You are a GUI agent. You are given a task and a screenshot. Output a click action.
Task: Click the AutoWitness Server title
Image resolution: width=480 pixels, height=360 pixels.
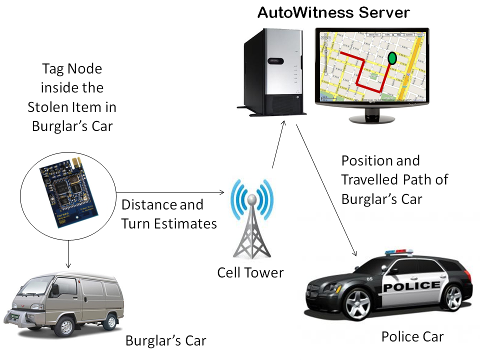pos(333,12)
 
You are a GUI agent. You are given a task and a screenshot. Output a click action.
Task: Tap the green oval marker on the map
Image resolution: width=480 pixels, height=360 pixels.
pos(392,58)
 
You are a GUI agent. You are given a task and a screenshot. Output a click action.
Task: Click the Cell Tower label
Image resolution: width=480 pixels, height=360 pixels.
pos(250,272)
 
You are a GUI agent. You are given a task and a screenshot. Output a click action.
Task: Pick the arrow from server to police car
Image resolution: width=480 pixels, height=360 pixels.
pos(327,190)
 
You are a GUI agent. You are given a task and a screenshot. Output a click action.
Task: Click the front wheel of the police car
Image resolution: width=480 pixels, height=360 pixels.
pos(359,304)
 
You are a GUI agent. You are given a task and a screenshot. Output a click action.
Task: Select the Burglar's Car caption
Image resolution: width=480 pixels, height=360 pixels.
pos(165,341)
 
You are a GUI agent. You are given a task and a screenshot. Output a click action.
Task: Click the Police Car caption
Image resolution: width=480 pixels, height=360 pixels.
pos(412,336)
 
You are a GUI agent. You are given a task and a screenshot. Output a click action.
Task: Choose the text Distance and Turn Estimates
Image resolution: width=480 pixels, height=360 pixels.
pos(168,214)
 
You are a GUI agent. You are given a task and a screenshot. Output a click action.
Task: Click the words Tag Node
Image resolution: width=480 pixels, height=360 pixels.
pos(72,68)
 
